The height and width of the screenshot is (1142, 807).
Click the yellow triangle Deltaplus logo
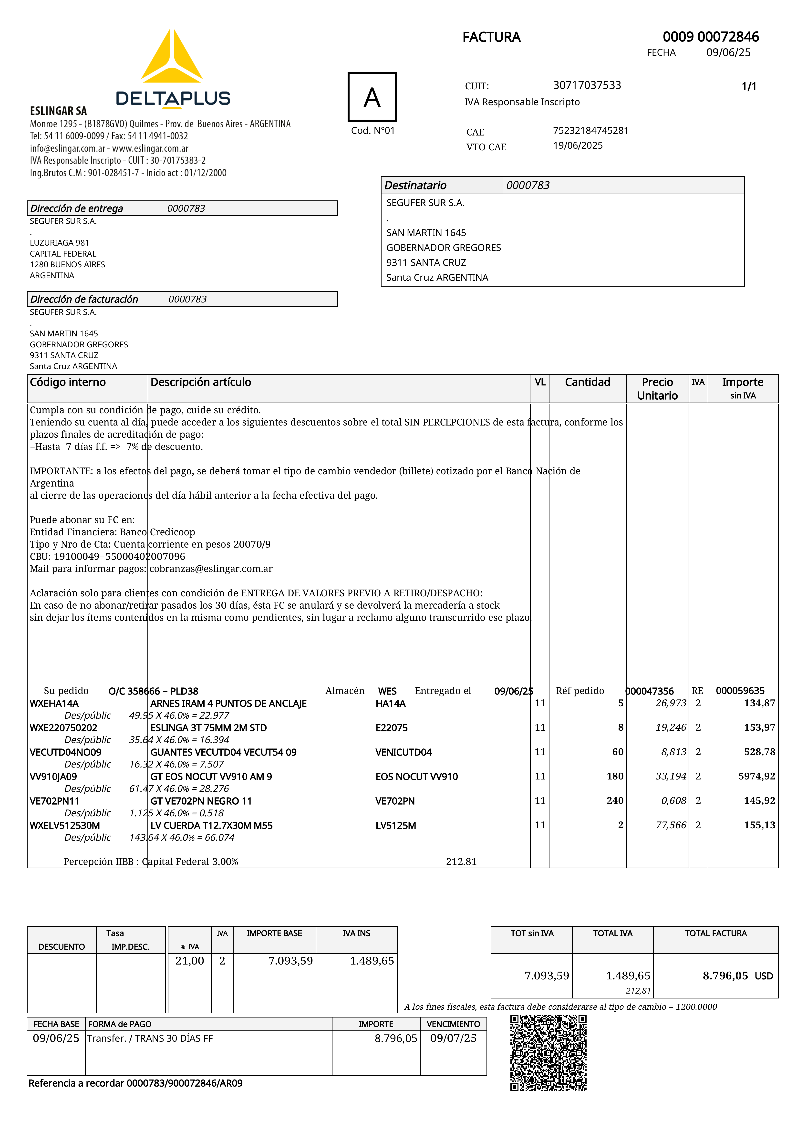(x=172, y=57)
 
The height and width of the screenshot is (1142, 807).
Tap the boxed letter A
(x=372, y=97)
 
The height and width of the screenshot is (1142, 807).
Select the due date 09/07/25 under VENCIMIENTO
(x=453, y=1038)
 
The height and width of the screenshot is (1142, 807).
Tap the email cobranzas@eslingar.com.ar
(x=211, y=569)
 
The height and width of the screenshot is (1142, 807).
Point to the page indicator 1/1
(x=748, y=87)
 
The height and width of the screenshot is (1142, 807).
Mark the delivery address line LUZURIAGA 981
(x=59, y=243)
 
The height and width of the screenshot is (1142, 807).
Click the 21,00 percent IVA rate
(x=189, y=960)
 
